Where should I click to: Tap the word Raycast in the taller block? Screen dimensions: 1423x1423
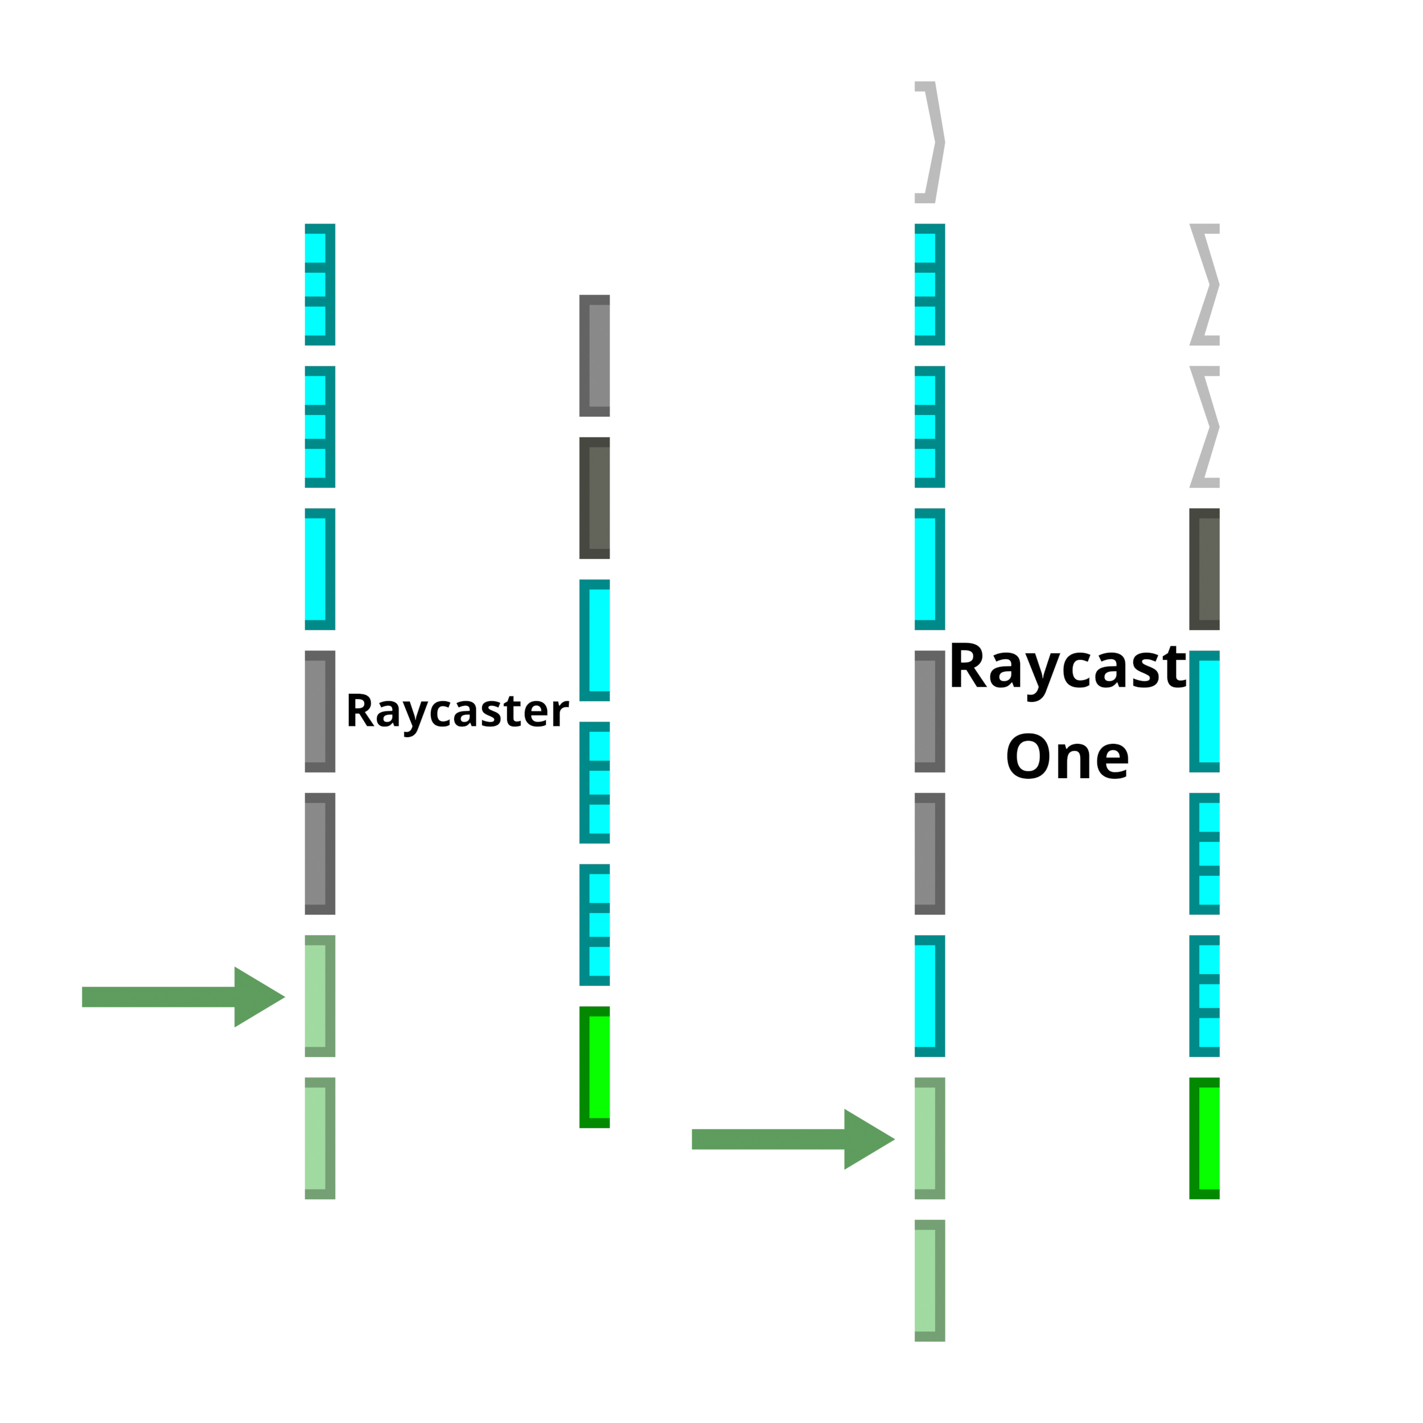pos(1067,667)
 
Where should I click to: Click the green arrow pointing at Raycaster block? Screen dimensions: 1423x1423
pos(184,997)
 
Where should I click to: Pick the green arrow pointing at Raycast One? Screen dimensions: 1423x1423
pos(793,1139)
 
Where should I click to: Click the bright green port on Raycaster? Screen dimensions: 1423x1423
pos(597,1067)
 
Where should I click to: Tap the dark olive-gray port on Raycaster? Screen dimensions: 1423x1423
pos(597,498)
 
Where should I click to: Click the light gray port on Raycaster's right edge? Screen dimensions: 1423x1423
pos(597,356)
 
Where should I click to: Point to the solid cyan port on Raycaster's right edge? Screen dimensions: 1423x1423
pos(597,640)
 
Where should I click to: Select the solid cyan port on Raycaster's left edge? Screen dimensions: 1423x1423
pos(318,569)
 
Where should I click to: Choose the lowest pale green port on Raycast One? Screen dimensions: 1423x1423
pos(928,1280)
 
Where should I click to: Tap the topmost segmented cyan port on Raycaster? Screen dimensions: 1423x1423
pos(318,284)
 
